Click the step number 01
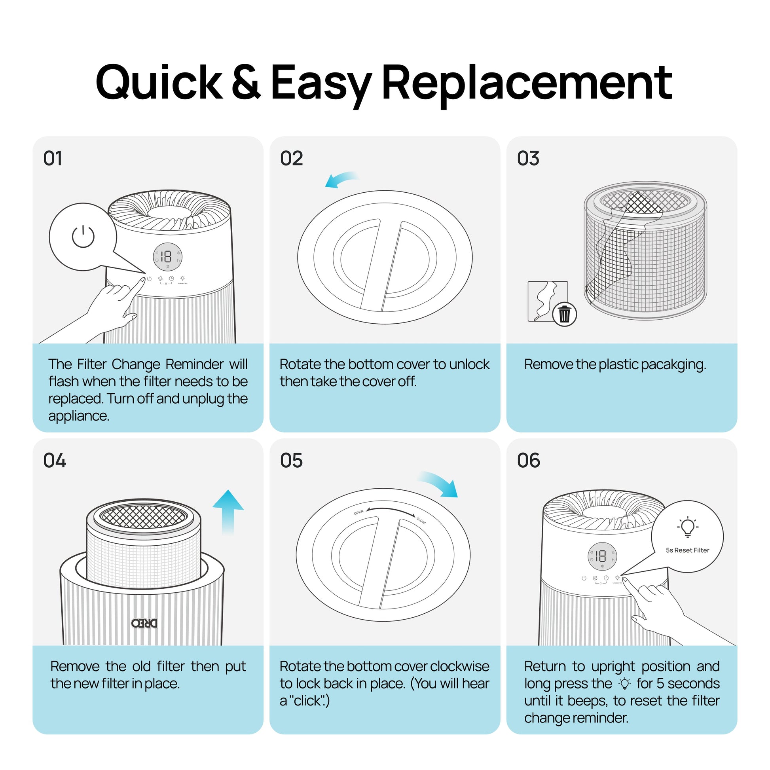[x=53, y=159]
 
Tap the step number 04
[x=55, y=461]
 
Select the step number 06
[x=529, y=461]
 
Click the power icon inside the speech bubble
[x=83, y=236]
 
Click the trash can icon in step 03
[x=564, y=314]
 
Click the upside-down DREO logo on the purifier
[x=144, y=623]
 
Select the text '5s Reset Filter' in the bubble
[x=688, y=550]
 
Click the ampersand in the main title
[x=246, y=82]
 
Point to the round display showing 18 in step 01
[x=168, y=257]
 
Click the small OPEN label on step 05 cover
[x=359, y=512]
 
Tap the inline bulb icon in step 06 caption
[x=624, y=684]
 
